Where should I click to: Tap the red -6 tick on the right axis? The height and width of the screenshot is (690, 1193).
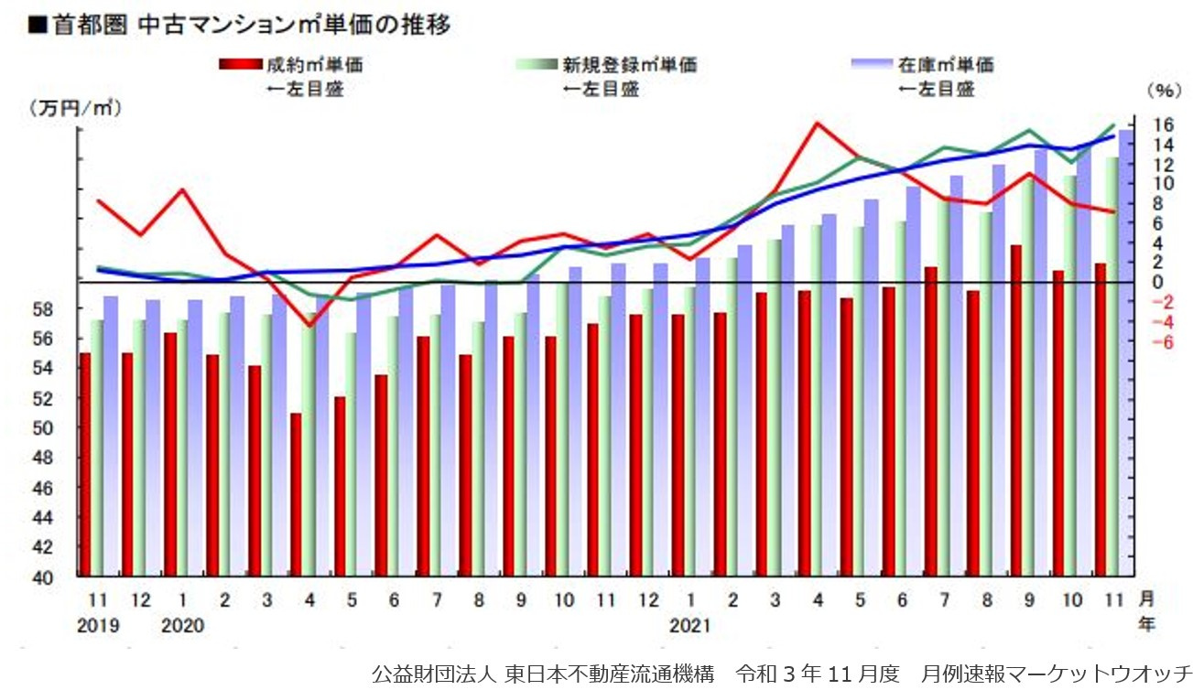point(1163,341)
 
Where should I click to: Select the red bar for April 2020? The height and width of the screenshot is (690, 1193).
point(296,494)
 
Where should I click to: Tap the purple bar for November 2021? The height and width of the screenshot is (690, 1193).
point(1125,352)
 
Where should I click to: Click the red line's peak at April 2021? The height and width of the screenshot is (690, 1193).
point(818,123)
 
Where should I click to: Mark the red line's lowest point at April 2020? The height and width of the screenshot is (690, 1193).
point(309,325)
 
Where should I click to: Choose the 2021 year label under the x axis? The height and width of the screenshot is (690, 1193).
point(689,627)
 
